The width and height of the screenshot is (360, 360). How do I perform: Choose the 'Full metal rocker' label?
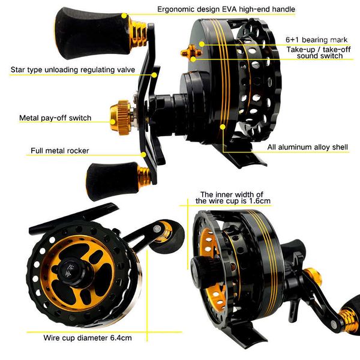pyautogui.click(x=62, y=150)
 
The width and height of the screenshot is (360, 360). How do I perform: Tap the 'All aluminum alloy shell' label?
pyautogui.click(x=307, y=147)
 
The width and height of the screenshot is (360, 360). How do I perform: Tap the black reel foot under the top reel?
pyautogui.click(x=240, y=157)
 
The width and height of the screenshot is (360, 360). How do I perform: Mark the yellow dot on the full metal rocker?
pyautogui.click(x=144, y=154)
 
